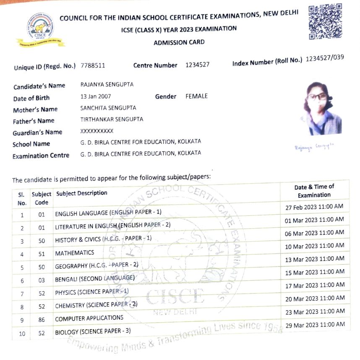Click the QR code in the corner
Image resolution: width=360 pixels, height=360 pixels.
point(325,22)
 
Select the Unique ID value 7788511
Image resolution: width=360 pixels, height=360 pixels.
point(93,66)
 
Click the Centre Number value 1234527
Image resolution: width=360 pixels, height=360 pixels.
point(197,65)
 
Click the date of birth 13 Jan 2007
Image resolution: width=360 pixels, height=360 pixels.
point(95,97)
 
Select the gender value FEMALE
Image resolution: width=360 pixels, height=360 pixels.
point(196,96)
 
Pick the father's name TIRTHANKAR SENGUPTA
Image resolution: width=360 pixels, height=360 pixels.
point(112,119)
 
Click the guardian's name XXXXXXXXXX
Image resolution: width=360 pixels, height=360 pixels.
point(97,131)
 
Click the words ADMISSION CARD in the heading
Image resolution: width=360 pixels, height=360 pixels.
point(179,42)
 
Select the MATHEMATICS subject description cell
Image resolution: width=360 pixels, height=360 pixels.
point(75,253)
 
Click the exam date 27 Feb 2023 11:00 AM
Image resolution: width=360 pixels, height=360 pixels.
point(314,207)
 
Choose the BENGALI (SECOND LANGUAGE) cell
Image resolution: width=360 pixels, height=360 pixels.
point(95,279)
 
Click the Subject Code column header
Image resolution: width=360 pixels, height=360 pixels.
point(42,198)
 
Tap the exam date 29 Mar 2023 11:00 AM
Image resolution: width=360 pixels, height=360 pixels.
point(315,325)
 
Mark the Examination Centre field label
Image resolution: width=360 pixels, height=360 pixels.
point(41,156)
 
